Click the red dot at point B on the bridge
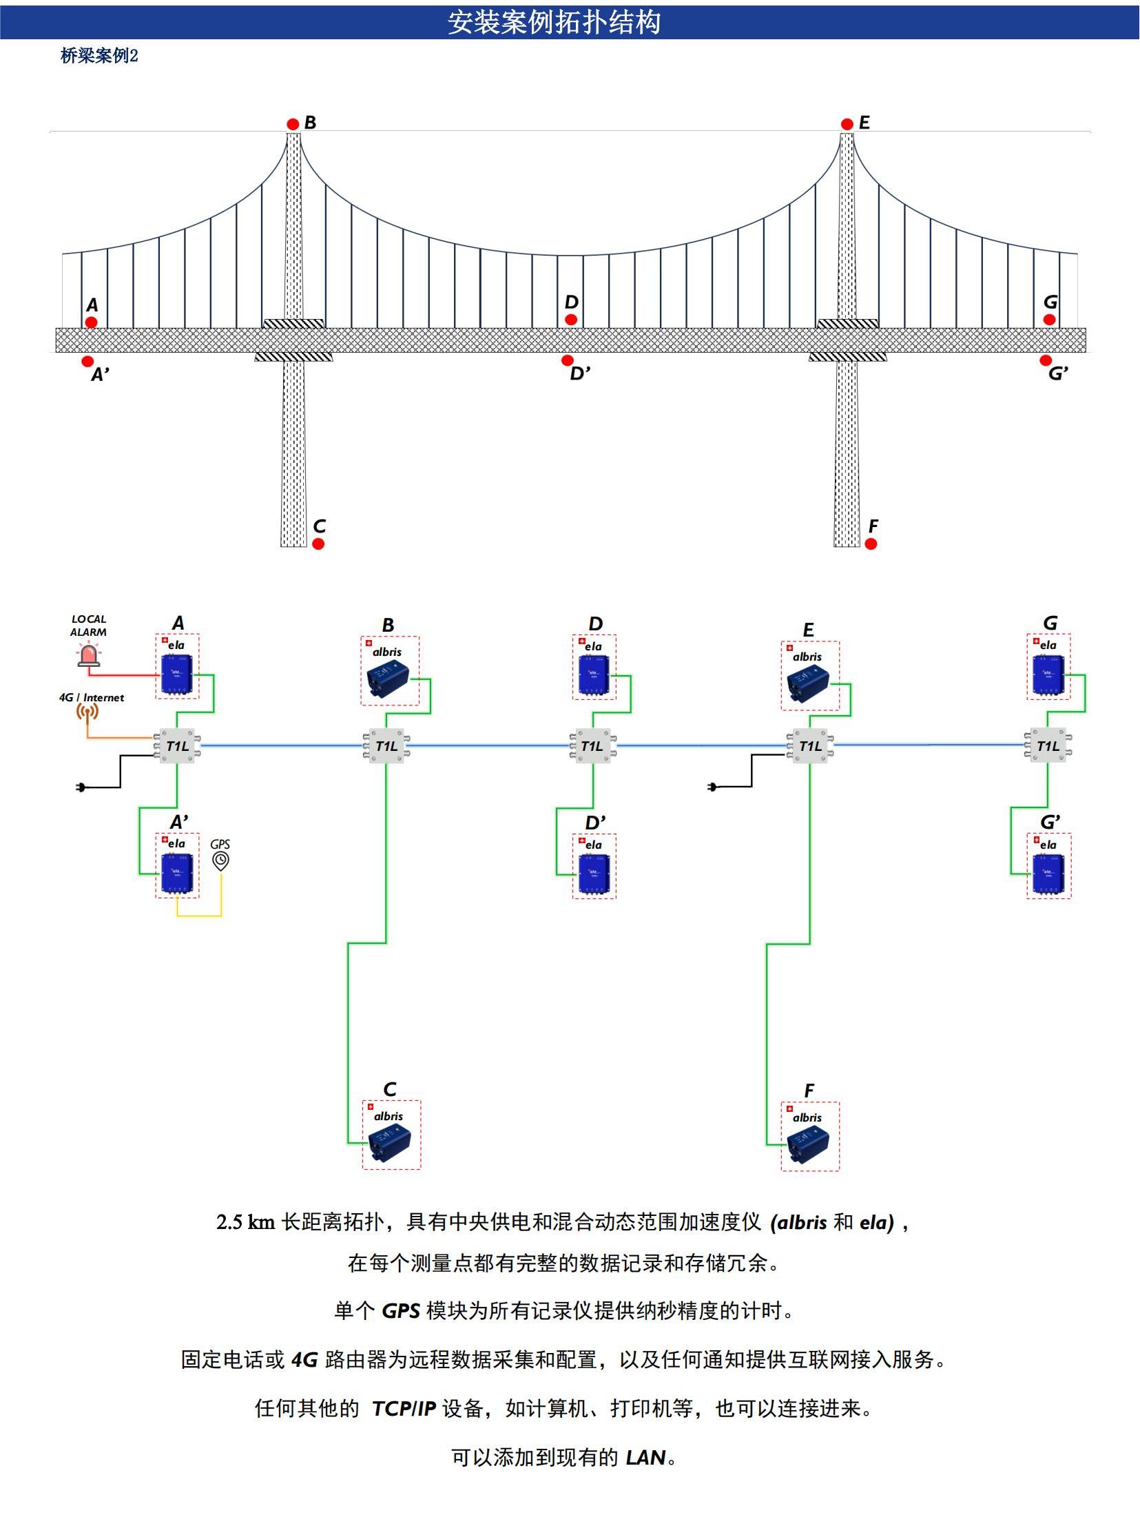(293, 124)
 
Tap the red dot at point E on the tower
(847, 124)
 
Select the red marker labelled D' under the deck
(567, 360)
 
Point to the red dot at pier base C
(318, 544)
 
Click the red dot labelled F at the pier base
(871, 544)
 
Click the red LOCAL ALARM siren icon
(88, 655)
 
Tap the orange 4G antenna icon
(87, 712)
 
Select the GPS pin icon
(220, 860)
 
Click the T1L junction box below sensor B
(386, 746)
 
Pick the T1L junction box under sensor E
(809, 746)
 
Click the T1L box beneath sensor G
(1048, 746)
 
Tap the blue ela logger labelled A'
(177, 873)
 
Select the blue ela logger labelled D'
(594, 874)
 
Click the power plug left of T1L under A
(81, 787)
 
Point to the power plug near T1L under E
(713, 787)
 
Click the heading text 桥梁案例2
(99, 56)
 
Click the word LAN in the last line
(645, 1458)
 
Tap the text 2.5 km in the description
(245, 1223)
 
